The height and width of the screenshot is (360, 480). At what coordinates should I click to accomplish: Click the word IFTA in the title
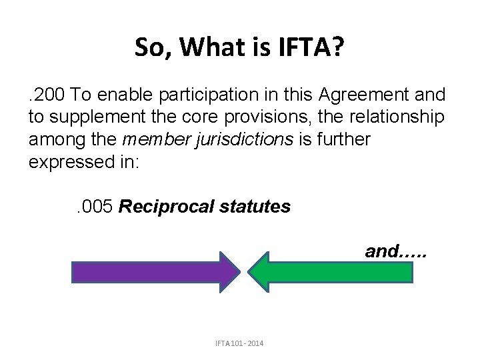click(316, 47)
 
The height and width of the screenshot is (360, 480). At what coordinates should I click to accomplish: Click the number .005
click(93, 207)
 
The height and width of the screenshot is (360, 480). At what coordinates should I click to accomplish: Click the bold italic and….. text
click(393, 251)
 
